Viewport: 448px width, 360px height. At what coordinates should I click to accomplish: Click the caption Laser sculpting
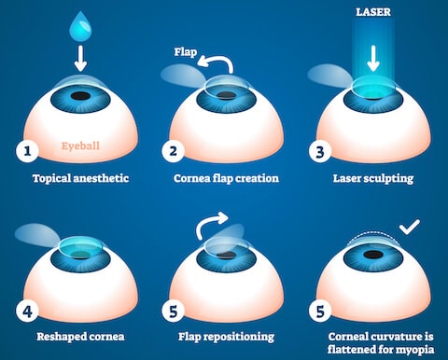[x=371, y=177]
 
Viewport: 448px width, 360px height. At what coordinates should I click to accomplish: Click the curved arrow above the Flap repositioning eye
[x=212, y=224]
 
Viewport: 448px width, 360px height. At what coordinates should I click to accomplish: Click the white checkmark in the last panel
[x=409, y=228]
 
